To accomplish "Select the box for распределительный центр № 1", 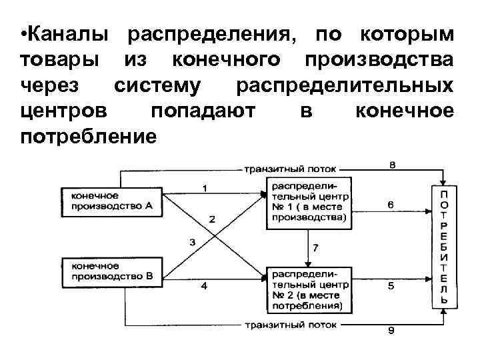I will pyautogui.click(x=307, y=201).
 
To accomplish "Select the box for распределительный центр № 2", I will pyautogui.click(x=307, y=290).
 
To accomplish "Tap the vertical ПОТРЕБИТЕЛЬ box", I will pyautogui.click(x=443, y=246).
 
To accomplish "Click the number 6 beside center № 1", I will pyautogui.click(x=391, y=205).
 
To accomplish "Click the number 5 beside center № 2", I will pyautogui.click(x=391, y=287).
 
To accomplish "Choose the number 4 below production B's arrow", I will pyautogui.click(x=204, y=287).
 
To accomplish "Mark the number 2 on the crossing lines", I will pyautogui.click(x=212, y=219).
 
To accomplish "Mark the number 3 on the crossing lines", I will pyautogui.click(x=192, y=242).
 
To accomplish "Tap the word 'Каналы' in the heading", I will pyautogui.click(x=67, y=34).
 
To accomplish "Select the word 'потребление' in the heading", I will pyautogui.click(x=88, y=137).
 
